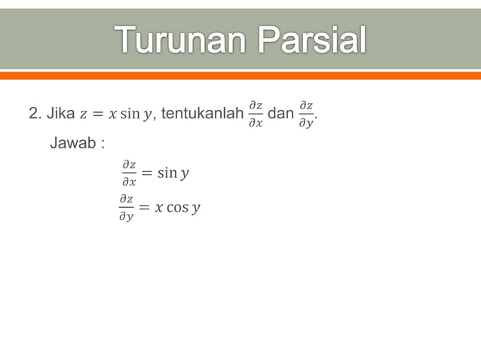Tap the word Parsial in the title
[311, 41]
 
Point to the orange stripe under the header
[240, 75]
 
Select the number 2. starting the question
[34, 114]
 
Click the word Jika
[60, 114]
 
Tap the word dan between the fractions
[280, 114]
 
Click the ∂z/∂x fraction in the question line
[256, 114]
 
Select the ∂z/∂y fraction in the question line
[306, 114]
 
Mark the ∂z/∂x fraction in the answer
[129, 173]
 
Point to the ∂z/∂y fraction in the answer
[127, 207]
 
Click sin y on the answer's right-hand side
[174, 174]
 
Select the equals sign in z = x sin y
[97, 115]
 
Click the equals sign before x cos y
[144, 207]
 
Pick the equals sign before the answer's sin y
[147, 174]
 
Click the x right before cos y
[159, 207]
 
